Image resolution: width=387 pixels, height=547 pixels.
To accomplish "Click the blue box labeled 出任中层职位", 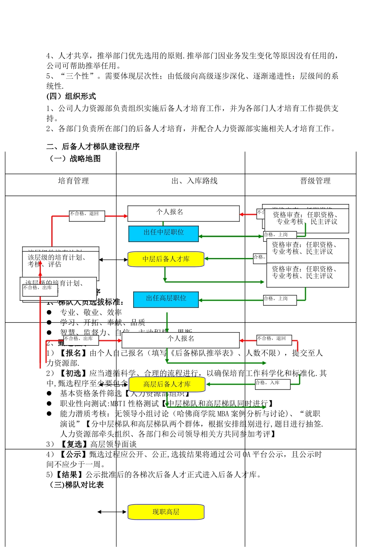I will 163,233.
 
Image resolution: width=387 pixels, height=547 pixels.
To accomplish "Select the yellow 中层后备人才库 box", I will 166,259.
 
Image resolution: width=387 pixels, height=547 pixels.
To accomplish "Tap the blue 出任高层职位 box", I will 166,299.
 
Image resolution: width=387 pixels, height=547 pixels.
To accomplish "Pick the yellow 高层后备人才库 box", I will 167,384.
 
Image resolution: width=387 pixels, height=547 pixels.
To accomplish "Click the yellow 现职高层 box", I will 166,512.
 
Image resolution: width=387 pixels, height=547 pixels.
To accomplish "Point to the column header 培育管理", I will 73,181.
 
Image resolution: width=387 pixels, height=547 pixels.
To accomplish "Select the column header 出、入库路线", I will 194,181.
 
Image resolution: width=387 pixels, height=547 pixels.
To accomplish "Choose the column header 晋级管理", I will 315,181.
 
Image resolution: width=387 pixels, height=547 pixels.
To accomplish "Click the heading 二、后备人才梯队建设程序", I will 93,147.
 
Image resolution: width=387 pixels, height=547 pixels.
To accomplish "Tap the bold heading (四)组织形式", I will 71,96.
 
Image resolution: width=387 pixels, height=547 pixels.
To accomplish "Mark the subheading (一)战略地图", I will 75,159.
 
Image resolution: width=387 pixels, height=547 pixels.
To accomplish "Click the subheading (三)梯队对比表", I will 77,485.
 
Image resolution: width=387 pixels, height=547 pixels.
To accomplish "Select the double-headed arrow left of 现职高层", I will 112,512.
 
